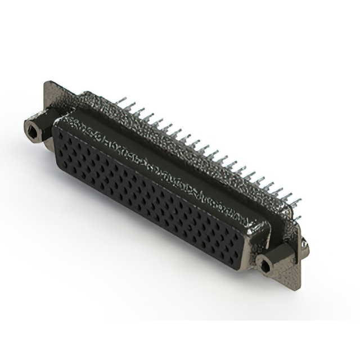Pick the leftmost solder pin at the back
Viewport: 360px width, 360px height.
123,101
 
